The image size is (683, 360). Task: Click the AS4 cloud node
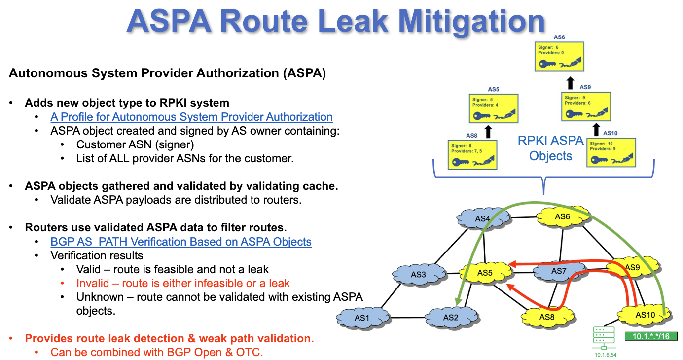[482, 218]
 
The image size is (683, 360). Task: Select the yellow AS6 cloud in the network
[562, 216]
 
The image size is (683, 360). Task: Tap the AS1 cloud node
[361, 318]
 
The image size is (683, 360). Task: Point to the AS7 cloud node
[559, 271]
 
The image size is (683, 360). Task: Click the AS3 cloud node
[418, 274]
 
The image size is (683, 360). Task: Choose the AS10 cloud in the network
[644, 315]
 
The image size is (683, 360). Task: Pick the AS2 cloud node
[450, 318]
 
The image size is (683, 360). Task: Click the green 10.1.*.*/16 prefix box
[650, 336]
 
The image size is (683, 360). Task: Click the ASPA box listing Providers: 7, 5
[472, 155]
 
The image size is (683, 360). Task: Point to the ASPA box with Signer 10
[611, 152]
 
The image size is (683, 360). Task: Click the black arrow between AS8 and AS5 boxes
[488, 131]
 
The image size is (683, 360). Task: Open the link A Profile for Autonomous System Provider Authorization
[191, 117]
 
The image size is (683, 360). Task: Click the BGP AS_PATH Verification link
[181, 242]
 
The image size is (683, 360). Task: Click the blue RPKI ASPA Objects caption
[550, 148]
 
